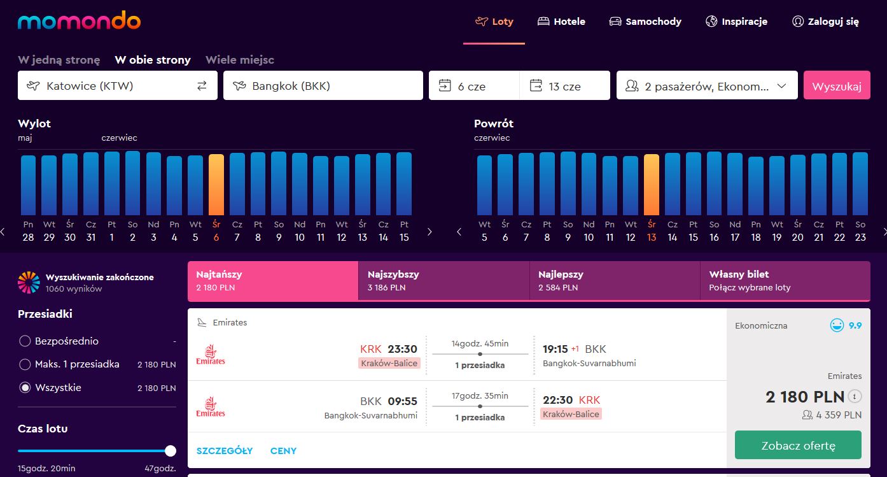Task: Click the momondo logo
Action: [79, 20]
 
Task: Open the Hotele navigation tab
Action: [561, 22]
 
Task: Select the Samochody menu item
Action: [645, 22]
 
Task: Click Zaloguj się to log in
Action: [826, 22]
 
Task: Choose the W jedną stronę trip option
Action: [59, 60]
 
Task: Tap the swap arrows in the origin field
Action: [202, 85]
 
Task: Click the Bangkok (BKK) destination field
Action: [323, 85]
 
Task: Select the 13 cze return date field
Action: [565, 85]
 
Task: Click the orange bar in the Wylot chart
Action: [216, 185]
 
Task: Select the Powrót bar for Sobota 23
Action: [860, 184]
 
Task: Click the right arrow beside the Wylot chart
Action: [430, 232]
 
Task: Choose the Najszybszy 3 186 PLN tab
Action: [444, 280]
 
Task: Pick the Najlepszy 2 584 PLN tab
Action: [615, 280]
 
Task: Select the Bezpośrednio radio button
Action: [25, 341]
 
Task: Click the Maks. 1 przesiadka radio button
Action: [25, 364]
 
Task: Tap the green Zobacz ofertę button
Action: [798, 445]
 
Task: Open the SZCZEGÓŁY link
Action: [225, 451]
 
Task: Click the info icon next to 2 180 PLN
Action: [855, 396]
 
